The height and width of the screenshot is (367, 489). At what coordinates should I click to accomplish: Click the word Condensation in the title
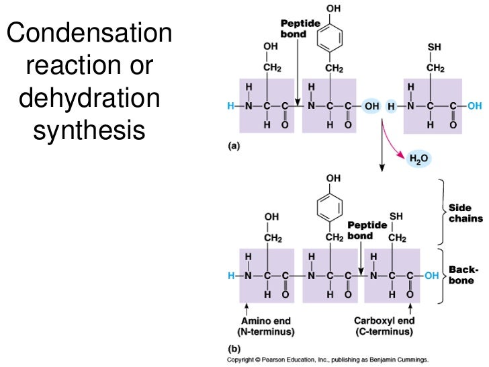pyautogui.click(x=89, y=34)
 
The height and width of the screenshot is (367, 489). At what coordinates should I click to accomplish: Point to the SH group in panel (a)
pyautogui.click(x=435, y=49)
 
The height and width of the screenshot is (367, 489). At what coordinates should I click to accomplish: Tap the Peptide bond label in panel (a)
pyautogui.click(x=294, y=29)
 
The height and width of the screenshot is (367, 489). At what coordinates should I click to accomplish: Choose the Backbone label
pyautogui.click(x=463, y=274)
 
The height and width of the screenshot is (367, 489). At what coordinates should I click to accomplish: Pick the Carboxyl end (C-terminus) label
pyautogui.click(x=385, y=326)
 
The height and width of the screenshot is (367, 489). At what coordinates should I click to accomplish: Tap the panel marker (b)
pyautogui.click(x=232, y=349)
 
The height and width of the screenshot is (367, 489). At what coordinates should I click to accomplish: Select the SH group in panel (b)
pyautogui.click(x=397, y=216)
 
